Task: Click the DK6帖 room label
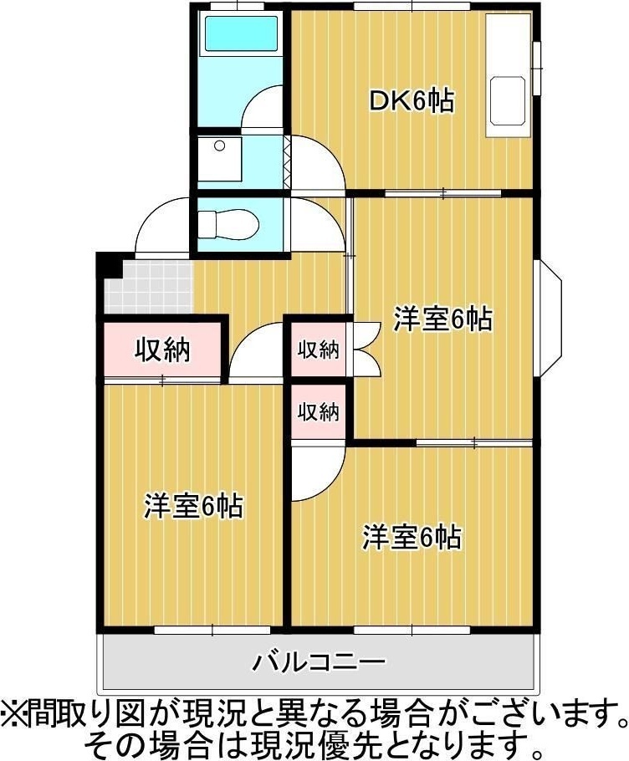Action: (x=412, y=101)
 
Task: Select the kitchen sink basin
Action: (x=509, y=100)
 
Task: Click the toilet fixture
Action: (x=228, y=224)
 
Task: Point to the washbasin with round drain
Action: (x=219, y=158)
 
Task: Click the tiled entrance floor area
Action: (x=149, y=287)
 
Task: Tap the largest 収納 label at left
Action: (x=162, y=350)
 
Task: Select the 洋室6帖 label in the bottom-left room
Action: (x=193, y=506)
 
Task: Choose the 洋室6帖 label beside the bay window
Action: (x=442, y=319)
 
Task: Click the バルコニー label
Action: (x=320, y=661)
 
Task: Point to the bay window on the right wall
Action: (x=548, y=319)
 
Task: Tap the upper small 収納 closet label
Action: (x=319, y=350)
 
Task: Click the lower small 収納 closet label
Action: (x=319, y=412)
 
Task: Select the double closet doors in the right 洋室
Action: (x=367, y=348)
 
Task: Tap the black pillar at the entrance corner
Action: (x=110, y=265)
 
